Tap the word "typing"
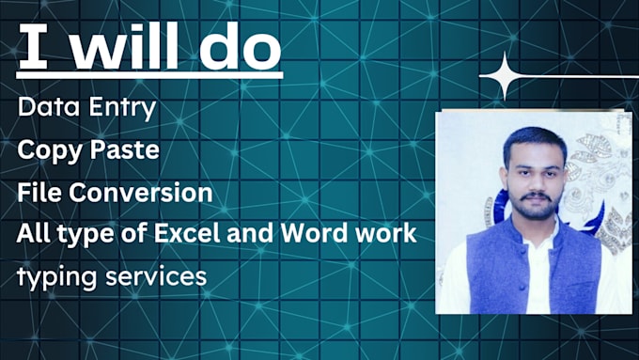click(55, 276)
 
